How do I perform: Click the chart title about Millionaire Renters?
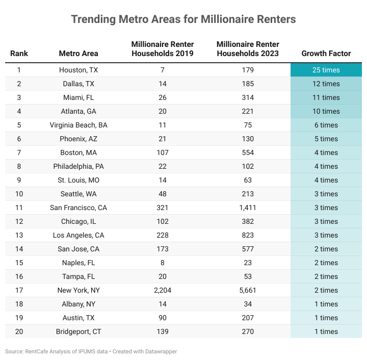click(183, 19)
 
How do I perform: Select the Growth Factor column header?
click(326, 54)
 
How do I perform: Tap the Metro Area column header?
click(78, 54)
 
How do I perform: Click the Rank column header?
click(19, 54)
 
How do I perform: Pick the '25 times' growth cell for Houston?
click(326, 70)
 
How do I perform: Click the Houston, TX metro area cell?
click(78, 70)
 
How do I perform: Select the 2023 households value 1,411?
click(248, 208)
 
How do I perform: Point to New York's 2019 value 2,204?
click(163, 290)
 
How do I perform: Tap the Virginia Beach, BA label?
click(78, 125)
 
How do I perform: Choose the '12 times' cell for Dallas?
click(326, 84)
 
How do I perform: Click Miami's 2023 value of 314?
click(248, 97)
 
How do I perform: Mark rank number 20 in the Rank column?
click(19, 331)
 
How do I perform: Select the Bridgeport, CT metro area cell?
click(78, 331)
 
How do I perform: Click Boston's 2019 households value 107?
click(163, 152)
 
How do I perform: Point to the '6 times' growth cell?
click(326, 125)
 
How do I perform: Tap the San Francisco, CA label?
click(78, 208)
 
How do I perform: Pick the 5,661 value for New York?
click(248, 290)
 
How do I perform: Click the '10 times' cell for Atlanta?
click(326, 111)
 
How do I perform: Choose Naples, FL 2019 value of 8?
click(163, 263)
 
